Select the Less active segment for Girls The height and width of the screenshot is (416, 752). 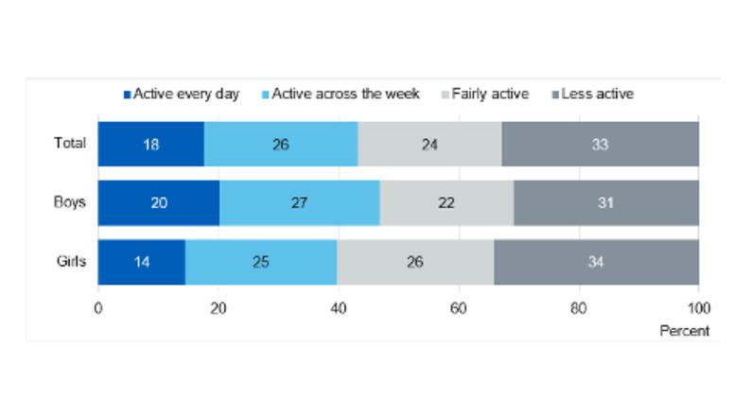596,261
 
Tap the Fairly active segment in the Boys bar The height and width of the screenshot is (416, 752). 446,203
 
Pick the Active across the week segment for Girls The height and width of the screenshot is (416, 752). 261,261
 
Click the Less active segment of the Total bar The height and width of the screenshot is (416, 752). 600,145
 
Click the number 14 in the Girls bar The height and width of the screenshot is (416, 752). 143,261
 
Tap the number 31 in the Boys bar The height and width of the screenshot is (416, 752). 606,203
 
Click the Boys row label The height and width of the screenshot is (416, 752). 70,202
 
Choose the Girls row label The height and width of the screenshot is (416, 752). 71,261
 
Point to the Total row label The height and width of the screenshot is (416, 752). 70,144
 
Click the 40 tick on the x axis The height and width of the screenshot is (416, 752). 339,308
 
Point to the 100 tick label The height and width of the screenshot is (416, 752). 699,308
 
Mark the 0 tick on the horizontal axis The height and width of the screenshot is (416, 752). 98,308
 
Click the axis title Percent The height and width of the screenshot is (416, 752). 685,331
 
